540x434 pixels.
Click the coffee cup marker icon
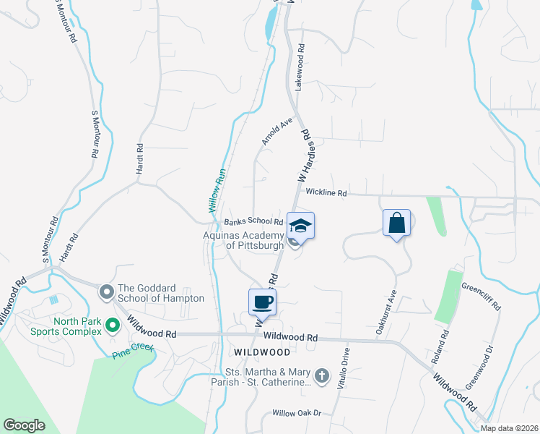[x=262, y=302]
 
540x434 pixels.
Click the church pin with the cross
[x=322, y=375]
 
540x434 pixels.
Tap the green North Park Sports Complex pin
[x=112, y=325]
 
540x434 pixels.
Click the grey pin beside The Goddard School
[x=107, y=292]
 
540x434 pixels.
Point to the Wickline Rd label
[x=326, y=193]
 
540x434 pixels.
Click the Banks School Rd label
[x=253, y=221]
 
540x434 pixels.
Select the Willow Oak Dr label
[x=296, y=413]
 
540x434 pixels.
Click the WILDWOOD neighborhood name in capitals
[x=262, y=352]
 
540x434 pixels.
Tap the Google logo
[x=24, y=425]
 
